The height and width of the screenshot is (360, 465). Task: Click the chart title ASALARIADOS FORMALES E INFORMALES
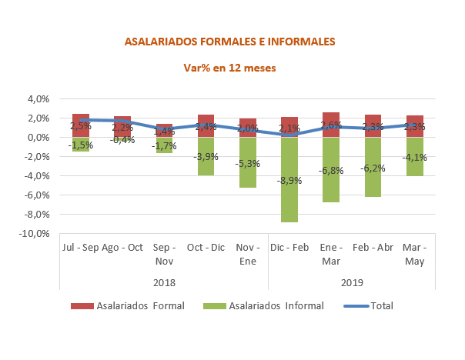(x=229, y=42)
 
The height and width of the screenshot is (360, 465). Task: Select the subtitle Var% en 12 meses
(x=229, y=68)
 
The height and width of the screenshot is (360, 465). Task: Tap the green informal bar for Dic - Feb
(x=289, y=192)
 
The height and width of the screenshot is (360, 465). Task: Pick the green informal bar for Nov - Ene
(x=248, y=173)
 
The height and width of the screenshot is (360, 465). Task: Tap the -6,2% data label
(x=373, y=168)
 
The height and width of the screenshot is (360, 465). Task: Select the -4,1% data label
(x=414, y=158)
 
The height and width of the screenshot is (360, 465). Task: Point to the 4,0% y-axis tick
(x=38, y=98)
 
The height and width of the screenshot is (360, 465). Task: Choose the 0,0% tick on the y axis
(x=38, y=137)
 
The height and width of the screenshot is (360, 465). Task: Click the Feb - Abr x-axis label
(x=373, y=248)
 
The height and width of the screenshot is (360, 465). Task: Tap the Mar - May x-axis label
(x=414, y=255)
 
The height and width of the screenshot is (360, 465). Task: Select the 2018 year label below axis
(x=164, y=282)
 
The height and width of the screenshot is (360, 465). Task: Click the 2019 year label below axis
(x=351, y=282)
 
